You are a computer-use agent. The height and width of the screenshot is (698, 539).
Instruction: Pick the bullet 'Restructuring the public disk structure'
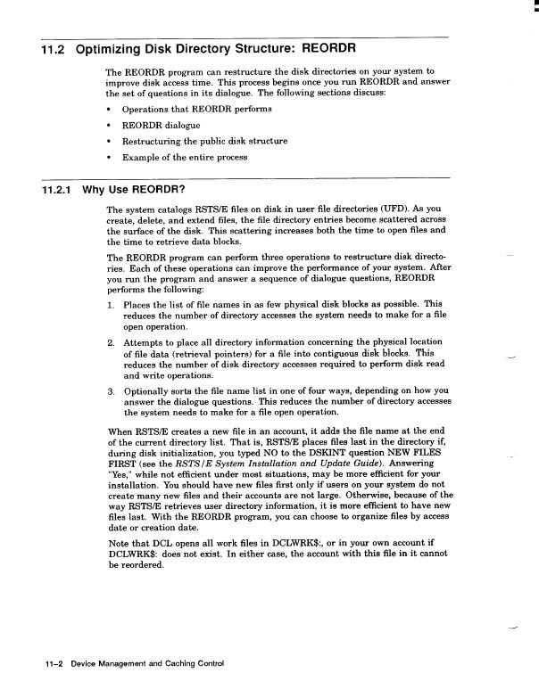(204, 141)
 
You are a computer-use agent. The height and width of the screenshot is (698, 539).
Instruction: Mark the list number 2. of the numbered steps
(111, 341)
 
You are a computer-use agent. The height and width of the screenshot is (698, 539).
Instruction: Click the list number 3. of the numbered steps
(111, 390)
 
